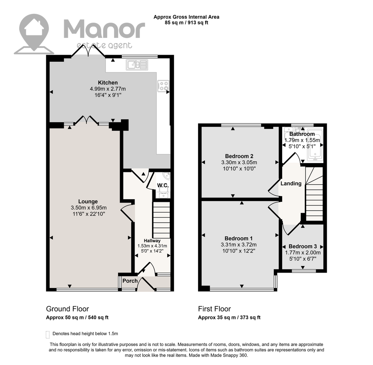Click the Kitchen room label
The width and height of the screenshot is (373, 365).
pyautogui.click(x=108, y=82)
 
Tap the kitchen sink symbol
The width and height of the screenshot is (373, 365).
pyautogui.click(x=137, y=65)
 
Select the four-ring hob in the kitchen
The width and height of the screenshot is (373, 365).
pyautogui.click(x=163, y=86)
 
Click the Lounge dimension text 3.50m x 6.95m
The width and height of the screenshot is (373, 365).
pyautogui.click(x=89, y=208)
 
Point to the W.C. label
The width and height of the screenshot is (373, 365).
pyautogui.click(x=163, y=185)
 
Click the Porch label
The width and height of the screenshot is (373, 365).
pyautogui.click(x=130, y=281)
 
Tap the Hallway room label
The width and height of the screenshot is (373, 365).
pyautogui.click(x=152, y=241)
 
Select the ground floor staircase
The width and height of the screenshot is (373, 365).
pyautogui.click(x=162, y=220)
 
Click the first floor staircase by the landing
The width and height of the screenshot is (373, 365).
pyautogui.click(x=314, y=194)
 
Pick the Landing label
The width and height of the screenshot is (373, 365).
pyautogui.click(x=291, y=184)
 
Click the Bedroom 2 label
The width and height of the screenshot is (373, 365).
pyautogui.click(x=239, y=156)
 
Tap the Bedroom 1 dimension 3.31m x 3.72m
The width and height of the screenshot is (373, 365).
pyautogui.click(x=238, y=245)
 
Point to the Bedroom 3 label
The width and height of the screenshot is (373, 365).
pyautogui.click(x=303, y=246)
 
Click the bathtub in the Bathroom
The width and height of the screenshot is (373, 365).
pyautogui.click(x=315, y=145)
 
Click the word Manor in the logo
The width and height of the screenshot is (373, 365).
pyautogui.click(x=104, y=29)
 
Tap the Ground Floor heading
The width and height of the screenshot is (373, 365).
pyautogui.click(x=67, y=309)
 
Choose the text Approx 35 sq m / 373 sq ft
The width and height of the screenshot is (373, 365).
pyautogui.click(x=229, y=318)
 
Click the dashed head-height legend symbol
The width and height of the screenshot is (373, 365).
pyautogui.click(x=48, y=335)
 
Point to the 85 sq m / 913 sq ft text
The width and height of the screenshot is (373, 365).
pyautogui.click(x=187, y=23)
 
